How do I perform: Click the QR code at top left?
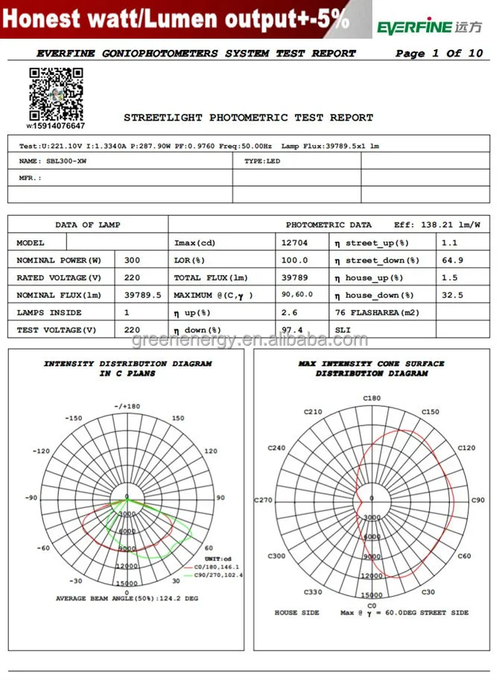(56, 94)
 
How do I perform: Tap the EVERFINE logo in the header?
(429, 28)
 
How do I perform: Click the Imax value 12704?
(294, 243)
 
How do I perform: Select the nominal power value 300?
(133, 260)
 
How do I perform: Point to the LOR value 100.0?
(294, 260)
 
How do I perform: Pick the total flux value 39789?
(294, 278)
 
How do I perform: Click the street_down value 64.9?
(452, 260)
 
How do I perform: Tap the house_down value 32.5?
(452, 295)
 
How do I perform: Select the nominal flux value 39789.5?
(142, 295)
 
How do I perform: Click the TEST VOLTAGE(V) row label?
(57, 330)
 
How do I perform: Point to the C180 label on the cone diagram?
(372, 399)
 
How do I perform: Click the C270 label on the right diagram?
(264, 500)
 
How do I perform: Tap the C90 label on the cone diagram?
(477, 500)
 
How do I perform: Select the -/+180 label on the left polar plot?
(127, 406)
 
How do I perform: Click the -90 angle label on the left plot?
(31, 498)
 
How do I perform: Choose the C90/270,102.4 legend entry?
(217, 575)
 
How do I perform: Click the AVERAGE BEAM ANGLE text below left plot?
(126, 598)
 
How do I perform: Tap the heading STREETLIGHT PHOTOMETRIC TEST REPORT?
(248, 118)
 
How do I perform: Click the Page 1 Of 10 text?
(439, 54)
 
